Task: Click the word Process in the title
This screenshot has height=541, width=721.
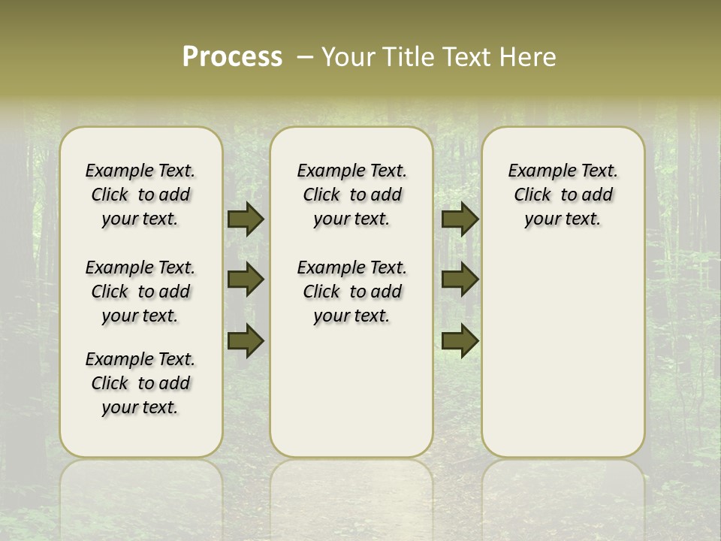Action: (232, 56)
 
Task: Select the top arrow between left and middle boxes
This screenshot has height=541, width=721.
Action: (245, 219)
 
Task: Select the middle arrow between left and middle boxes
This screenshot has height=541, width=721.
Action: (245, 280)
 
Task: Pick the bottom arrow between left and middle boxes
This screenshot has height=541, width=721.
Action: (245, 341)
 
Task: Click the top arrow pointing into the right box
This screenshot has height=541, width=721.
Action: (460, 219)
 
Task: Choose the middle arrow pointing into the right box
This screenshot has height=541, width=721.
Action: (460, 280)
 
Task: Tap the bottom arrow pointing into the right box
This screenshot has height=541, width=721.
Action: (460, 341)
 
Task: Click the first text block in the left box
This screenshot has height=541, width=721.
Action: (140, 195)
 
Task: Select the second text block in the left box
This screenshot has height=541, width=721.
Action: (140, 292)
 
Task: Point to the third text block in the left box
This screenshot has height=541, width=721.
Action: (140, 383)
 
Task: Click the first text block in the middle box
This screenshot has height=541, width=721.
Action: (351, 195)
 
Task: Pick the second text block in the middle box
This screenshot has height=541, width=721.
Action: (351, 292)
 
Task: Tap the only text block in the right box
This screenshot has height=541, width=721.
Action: (563, 195)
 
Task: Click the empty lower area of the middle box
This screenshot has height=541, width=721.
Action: (351, 391)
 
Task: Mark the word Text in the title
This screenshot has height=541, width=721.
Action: (464, 57)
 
